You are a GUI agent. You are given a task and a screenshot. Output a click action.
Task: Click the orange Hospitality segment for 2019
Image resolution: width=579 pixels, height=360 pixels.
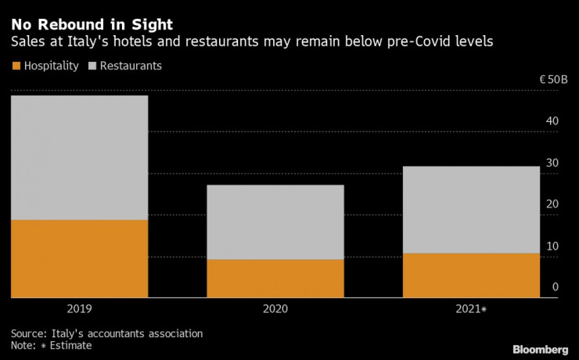[x=79, y=258]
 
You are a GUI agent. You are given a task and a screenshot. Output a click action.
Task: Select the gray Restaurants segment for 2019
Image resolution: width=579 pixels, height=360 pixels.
[x=79, y=157]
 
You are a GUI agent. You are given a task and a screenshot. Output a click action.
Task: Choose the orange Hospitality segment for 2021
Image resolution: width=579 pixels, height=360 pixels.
[x=470, y=275]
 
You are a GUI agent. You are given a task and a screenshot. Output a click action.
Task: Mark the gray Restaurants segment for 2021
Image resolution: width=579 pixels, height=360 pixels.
[x=470, y=210]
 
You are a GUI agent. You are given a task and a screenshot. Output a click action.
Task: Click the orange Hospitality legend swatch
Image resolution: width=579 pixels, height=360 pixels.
[x=17, y=66]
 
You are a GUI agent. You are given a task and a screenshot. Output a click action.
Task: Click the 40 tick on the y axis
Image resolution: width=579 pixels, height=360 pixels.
[x=552, y=121]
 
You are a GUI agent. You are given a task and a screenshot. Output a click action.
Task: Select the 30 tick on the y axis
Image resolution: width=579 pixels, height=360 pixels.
[x=552, y=163]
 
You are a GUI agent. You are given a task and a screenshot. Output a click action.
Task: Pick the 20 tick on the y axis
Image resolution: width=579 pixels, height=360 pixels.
[x=552, y=204]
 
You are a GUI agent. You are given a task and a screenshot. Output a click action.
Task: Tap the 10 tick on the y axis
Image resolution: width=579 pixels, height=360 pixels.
[x=552, y=246]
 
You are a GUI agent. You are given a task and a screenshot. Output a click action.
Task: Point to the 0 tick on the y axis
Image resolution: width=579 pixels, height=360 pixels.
[x=556, y=287]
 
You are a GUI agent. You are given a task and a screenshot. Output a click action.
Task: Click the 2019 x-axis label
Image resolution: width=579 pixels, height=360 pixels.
[x=79, y=309]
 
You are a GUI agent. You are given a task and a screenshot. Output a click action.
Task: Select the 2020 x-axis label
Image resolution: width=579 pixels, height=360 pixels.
[x=275, y=309]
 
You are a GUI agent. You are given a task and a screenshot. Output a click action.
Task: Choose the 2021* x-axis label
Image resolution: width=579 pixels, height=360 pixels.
[x=472, y=309]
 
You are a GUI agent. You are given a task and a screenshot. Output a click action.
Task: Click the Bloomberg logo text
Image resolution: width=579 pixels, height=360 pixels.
[x=540, y=348]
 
